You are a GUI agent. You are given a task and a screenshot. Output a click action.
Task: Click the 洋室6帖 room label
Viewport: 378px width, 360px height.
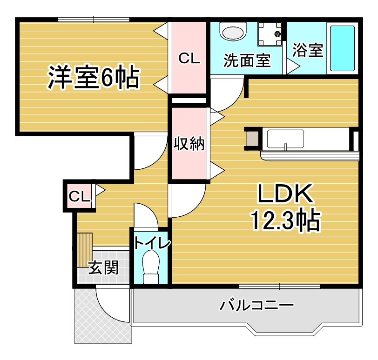click(93, 78)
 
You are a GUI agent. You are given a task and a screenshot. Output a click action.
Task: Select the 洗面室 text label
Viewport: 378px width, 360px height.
click(247, 60)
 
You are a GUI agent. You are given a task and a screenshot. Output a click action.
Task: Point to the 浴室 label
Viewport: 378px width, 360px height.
click(308, 50)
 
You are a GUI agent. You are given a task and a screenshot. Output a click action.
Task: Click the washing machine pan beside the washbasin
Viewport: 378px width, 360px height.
click(270, 33)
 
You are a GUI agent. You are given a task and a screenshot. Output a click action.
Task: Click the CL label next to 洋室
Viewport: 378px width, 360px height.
click(189, 59)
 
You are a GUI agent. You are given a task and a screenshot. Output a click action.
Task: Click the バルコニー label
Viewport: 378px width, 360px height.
click(257, 306)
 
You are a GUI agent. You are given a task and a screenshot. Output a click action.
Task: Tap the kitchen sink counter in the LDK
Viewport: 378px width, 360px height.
click(285, 140)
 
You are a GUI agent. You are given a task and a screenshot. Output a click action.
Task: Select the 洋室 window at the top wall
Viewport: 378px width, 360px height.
click(94, 19)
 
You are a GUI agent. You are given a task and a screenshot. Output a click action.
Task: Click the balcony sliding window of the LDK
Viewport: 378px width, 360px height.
click(280, 285)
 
